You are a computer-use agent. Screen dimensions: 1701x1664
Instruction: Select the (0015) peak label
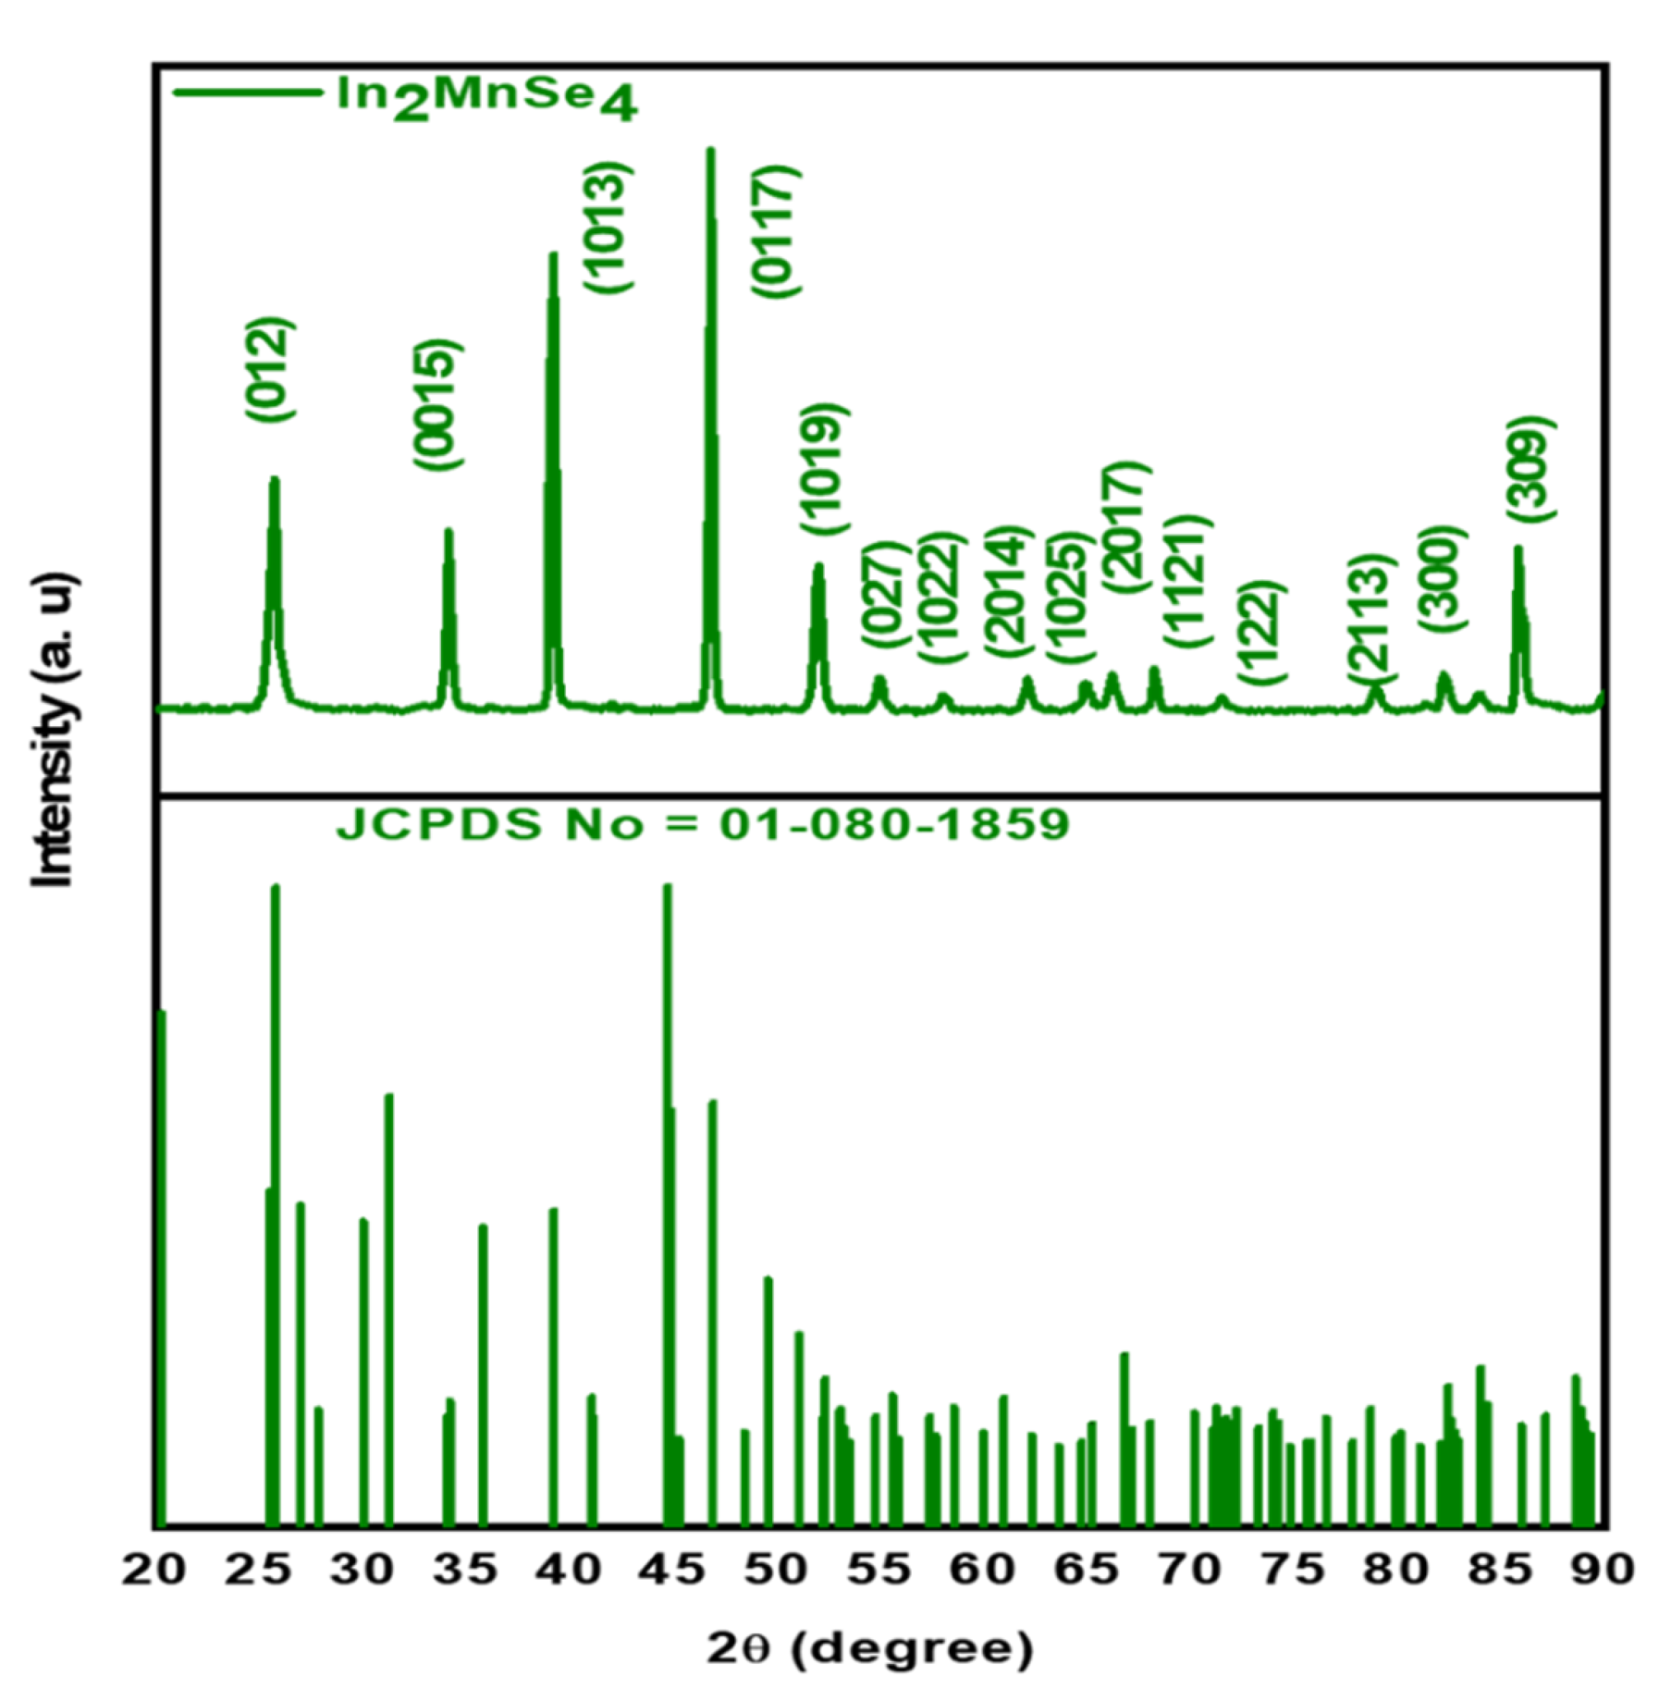click(x=437, y=406)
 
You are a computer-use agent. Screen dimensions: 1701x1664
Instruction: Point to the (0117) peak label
click(x=775, y=233)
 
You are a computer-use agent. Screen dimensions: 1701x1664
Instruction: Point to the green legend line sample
click(x=246, y=92)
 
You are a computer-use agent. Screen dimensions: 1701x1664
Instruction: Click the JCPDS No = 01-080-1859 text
click(x=703, y=825)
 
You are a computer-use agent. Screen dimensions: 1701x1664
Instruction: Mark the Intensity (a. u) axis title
click(x=54, y=730)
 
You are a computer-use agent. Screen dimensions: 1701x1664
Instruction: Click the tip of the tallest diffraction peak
click(x=710, y=151)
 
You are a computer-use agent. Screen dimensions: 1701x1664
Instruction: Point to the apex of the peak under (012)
click(x=274, y=479)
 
